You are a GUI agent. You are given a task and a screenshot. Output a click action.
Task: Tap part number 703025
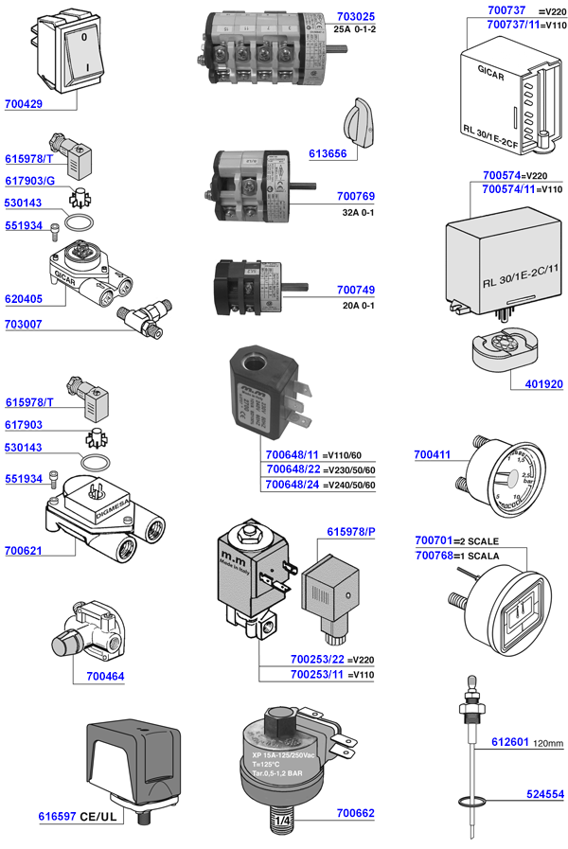tap(355, 17)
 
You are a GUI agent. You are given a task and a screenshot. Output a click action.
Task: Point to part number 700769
tap(355, 196)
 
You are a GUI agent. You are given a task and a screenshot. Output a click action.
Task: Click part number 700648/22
tap(292, 470)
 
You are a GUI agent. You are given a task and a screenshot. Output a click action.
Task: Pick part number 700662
tap(355, 812)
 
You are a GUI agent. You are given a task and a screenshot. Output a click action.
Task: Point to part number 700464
tap(105, 676)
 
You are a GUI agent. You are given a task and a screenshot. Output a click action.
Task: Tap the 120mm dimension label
tap(549, 743)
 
